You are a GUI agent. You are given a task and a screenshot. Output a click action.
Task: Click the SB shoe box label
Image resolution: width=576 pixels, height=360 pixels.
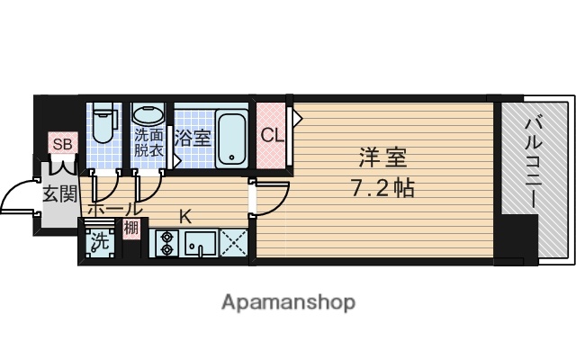(63, 144)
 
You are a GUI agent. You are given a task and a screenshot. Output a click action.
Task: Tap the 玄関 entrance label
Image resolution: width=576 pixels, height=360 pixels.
(59, 193)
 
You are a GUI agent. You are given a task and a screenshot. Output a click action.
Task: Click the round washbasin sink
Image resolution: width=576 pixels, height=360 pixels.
(148, 116)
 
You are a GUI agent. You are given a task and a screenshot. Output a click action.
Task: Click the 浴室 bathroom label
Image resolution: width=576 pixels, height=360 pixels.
(193, 139)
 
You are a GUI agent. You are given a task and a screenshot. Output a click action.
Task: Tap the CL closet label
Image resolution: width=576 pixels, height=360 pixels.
(272, 136)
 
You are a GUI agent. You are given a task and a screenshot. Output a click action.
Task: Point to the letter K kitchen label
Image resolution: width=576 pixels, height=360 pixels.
(185, 215)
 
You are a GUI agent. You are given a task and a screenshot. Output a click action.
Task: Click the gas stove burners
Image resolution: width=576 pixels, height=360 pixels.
(167, 244)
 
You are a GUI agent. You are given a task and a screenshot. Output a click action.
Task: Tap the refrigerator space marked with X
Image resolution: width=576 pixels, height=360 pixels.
(234, 244)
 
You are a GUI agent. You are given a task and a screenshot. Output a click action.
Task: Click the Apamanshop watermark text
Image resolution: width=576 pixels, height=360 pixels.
(288, 301)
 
